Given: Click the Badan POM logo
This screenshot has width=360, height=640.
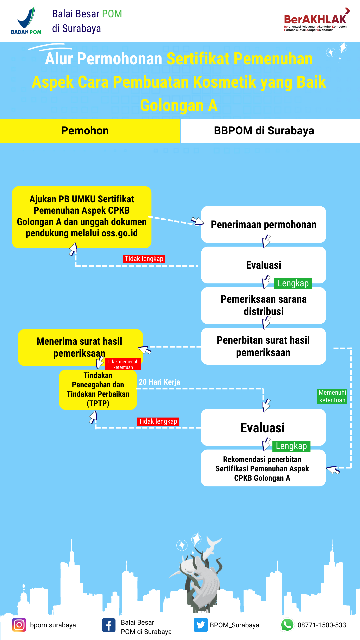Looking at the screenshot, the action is tap(26, 21).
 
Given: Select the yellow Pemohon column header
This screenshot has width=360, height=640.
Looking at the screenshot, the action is tap(90, 131).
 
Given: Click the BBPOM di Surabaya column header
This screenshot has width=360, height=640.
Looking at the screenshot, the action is tap(270, 131).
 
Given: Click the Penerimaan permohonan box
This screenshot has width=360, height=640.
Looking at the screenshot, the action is tap(264, 224).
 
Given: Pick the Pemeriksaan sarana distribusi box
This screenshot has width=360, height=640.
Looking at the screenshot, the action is tap(264, 305).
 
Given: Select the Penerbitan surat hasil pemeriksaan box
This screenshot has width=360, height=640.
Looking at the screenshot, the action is tap(264, 346).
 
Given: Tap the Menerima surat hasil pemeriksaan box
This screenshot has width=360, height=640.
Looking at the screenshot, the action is tap(80, 347).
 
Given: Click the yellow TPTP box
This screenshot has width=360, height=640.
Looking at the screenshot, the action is tap(98, 390).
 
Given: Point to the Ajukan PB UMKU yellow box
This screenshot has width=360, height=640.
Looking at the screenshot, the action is tap(82, 217).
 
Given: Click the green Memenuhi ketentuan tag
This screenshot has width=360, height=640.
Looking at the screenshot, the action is tap(332, 396).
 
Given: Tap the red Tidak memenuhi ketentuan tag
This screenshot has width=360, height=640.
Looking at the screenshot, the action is tap(123, 364).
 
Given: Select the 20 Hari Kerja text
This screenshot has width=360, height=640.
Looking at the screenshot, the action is tap(159, 382).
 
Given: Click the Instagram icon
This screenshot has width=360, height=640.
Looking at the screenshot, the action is tap(19, 625).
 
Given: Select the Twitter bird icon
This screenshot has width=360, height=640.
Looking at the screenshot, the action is tap(201, 625).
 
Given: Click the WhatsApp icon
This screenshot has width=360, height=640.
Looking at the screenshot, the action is tap(287, 625).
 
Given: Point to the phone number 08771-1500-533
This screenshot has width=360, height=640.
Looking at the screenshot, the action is tap(322, 625).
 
